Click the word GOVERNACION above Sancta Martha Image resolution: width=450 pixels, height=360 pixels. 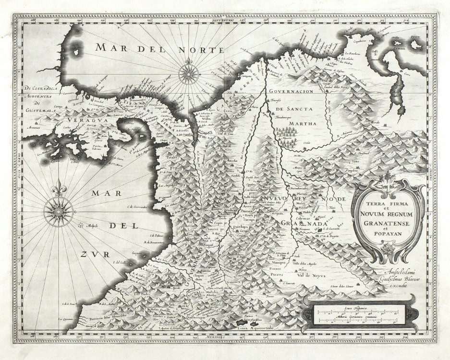(x=304, y=91)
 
